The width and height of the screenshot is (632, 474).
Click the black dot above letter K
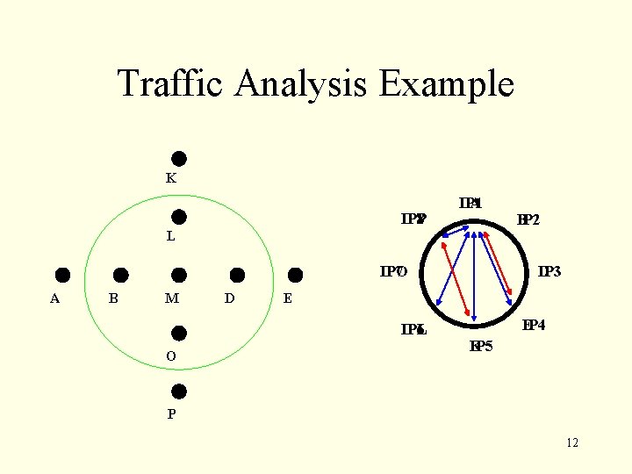[178, 159]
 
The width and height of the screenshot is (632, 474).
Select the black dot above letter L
[178, 216]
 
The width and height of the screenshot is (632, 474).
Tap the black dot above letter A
[63, 275]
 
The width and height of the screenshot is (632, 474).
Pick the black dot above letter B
[121, 275]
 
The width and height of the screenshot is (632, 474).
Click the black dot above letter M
[178, 275]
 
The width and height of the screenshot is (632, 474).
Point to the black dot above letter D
[237, 275]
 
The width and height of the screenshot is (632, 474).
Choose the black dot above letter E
[295, 275]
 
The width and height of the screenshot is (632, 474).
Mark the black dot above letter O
[178, 333]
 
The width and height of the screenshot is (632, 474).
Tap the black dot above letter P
[178, 391]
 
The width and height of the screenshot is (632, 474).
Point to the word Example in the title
[447, 84]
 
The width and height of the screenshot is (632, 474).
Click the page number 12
[572, 442]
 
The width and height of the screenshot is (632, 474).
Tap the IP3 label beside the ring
[549, 272]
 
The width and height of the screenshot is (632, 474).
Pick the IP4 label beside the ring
[534, 326]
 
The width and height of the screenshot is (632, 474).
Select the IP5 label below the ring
[481, 346]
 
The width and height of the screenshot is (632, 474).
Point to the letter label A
[54, 298]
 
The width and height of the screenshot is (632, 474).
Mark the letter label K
[171, 178]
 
